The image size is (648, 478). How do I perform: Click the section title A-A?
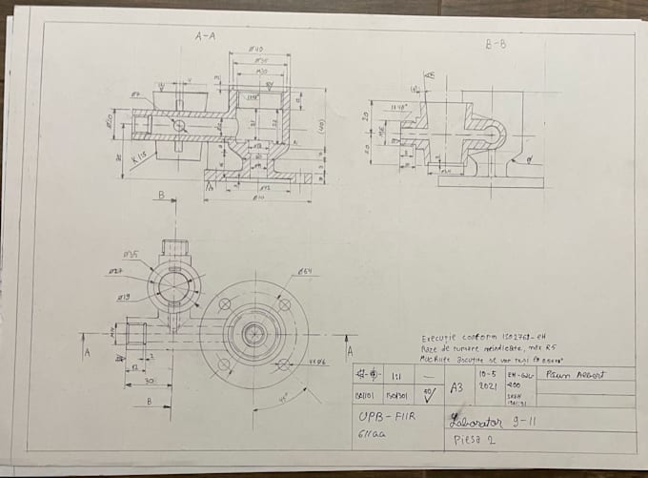tap(206, 37)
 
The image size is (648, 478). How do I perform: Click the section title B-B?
tap(496, 44)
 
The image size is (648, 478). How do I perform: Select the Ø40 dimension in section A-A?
tap(256, 50)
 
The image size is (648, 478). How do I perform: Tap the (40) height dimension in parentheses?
tap(322, 125)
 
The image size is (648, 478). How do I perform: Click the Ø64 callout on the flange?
tap(306, 272)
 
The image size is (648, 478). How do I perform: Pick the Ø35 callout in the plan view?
tap(131, 255)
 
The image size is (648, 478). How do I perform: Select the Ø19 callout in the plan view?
tap(124, 296)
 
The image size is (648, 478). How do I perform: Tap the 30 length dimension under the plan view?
tap(140, 381)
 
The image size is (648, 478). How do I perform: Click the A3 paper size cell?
tap(456, 387)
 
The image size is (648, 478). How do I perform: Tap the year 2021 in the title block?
tap(489, 387)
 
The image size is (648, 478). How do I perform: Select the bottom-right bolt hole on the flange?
tap(283, 364)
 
